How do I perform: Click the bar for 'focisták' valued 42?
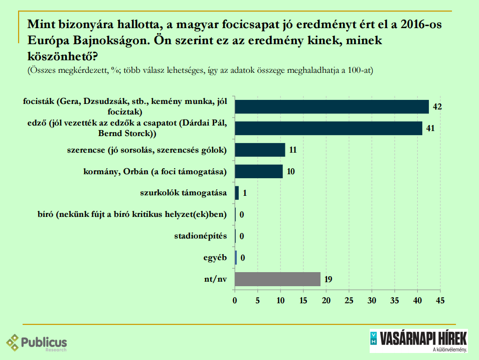pyautogui.click(x=332, y=107)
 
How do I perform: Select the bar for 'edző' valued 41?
pyautogui.click(x=329, y=129)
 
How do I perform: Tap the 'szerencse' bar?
pyautogui.click(x=260, y=150)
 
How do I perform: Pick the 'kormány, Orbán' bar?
pyautogui.click(x=259, y=172)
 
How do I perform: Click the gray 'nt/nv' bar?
pyautogui.click(x=277, y=279)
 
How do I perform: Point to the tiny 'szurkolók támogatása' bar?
pyautogui.click(x=237, y=193)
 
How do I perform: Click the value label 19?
pyautogui.click(x=329, y=279)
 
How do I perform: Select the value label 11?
pyautogui.click(x=293, y=150)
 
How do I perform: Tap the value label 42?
pyautogui.click(x=437, y=107)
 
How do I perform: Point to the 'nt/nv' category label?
pyautogui.click(x=215, y=279)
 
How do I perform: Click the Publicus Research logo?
pyautogui.click(x=36, y=343)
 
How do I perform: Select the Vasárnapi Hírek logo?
pyautogui.click(x=418, y=340)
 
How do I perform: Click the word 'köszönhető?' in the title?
pyautogui.click(x=61, y=55)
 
